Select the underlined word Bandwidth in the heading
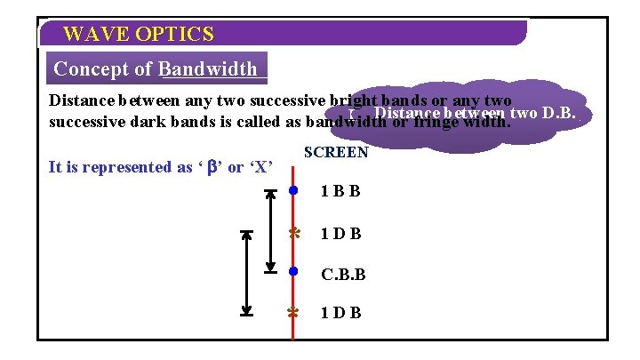tap(208, 68)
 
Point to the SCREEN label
tap(336, 152)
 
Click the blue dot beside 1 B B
tap(293, 190)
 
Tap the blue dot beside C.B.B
tap(293, 271)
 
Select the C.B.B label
tap(342, 275)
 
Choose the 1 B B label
tap(340, 191)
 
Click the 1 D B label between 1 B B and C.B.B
tap(340, 234)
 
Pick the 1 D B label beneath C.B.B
tap(340, 313)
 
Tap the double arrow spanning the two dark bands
tap(248, 272)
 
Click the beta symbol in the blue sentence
tap(212, 166)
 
